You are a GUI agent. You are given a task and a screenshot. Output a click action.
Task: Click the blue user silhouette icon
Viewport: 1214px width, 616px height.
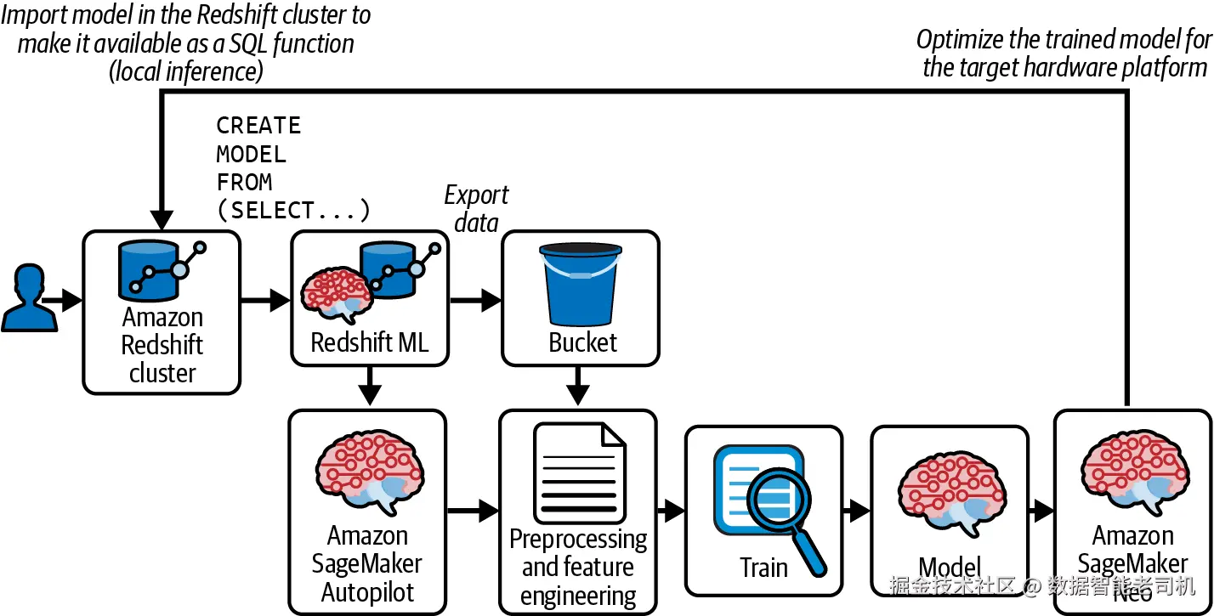(x=29, y=297)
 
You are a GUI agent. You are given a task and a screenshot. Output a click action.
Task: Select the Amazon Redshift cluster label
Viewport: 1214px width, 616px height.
(x=162, y=346)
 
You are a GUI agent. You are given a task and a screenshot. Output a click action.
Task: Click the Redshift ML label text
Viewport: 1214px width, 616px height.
(x=369, y=342)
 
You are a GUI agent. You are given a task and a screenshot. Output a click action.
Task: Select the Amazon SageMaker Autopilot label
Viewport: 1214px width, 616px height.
(x=367, y=564)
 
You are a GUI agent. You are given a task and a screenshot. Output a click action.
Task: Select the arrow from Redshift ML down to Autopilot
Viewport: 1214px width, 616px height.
(x=369, y=387)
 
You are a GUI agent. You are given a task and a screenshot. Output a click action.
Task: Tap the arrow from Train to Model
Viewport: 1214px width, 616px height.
(x=857, y=511)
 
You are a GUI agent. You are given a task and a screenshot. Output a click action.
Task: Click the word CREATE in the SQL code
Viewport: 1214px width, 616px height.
(x=258, y=126)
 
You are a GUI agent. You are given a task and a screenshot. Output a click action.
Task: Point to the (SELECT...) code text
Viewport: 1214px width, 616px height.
(x=293, y=210)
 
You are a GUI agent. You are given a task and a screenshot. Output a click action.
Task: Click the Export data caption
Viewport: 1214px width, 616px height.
(x=476, y=208)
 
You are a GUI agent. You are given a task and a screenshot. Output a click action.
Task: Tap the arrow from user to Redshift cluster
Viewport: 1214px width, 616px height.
(x=63, y=299)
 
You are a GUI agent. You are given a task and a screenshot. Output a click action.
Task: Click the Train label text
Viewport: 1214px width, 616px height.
(x=763, y=567)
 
